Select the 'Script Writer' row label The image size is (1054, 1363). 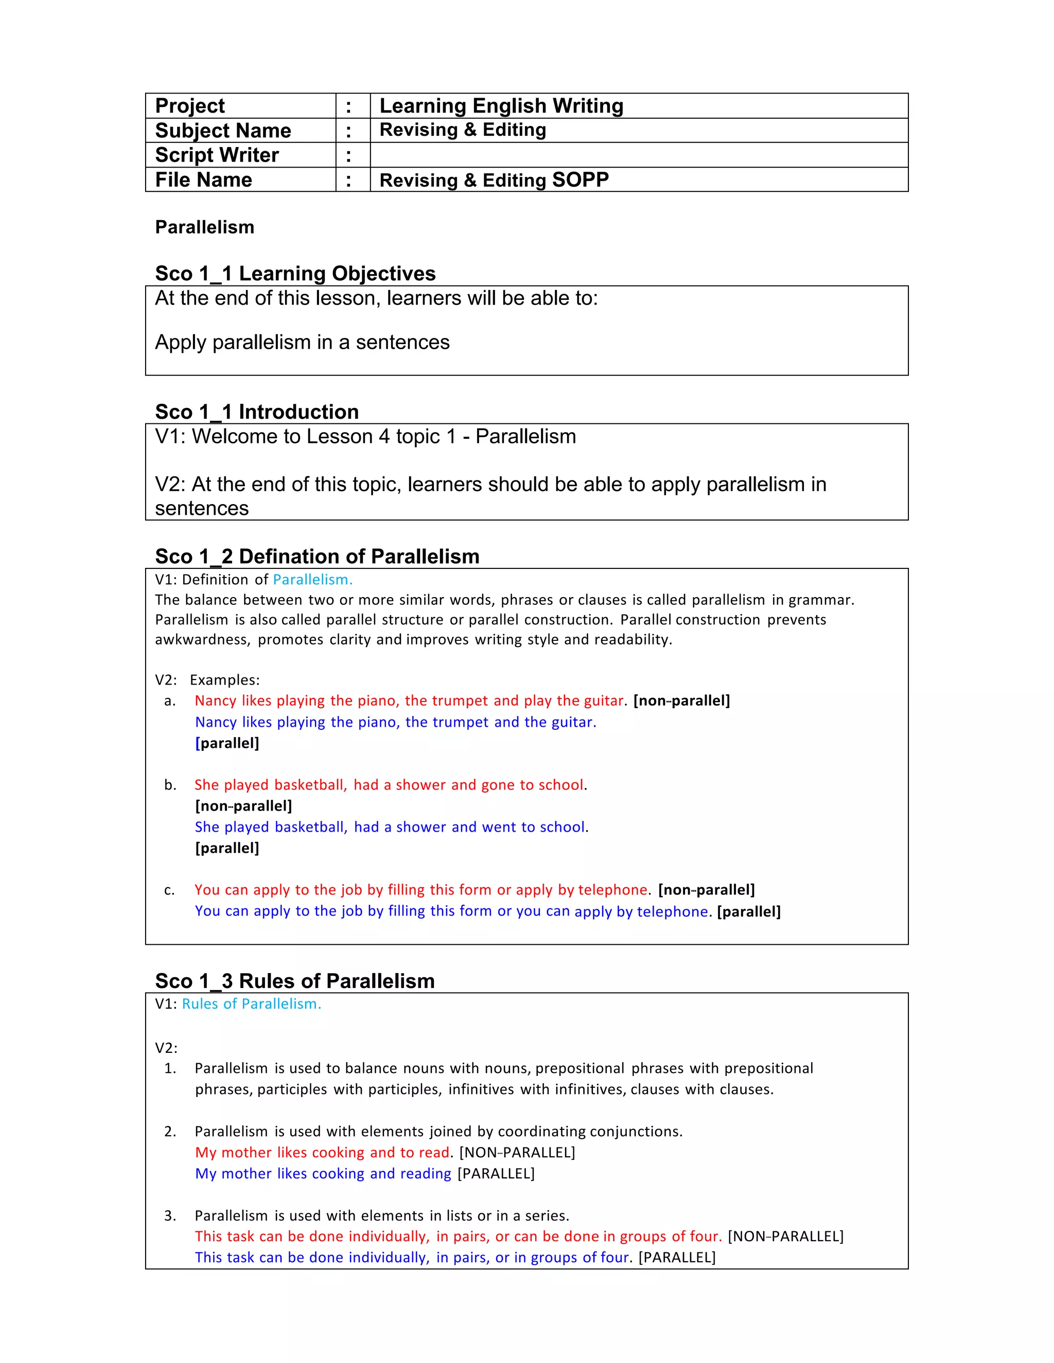point(217,155)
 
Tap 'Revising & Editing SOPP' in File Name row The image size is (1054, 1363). point(494,180)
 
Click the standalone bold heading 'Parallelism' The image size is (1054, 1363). point(204,227)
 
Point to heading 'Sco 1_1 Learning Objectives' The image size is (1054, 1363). point(295,273)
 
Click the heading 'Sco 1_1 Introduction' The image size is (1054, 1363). point(257,412)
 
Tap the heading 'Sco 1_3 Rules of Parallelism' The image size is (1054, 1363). point(295,980)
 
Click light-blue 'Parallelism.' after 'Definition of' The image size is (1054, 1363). point(312,579)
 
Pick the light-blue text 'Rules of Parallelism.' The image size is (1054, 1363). point(251,1003)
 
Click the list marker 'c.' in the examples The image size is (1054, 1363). point(169,890)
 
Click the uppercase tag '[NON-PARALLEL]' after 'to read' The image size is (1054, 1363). point(517,1152)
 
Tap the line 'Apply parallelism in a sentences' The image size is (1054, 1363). point(302,342)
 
